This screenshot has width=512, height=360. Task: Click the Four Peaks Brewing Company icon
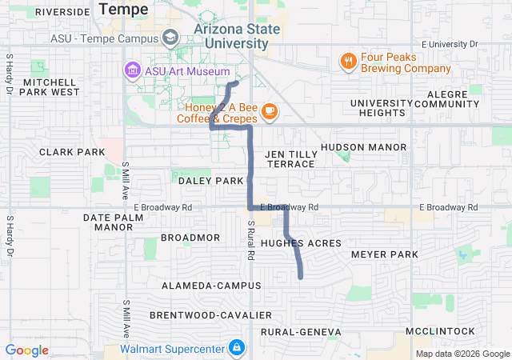pyautogui.click(x=348, y=61)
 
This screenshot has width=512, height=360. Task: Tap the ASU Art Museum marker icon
pyautogui.click(x=132, y=70)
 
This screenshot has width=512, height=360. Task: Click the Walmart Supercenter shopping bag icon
pyautogui.click(x=236, y=348)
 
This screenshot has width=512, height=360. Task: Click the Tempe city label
pyautogui.click(x=124, y=10)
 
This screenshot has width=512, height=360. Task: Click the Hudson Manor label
pyautogui.click(x=364, y=147)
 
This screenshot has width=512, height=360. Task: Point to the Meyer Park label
pyautogui.click(x=385, y=254)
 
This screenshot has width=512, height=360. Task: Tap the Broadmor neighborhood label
pyautogui.click(x=190, y=238)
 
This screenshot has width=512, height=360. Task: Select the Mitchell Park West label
pyautogui.click(x=51, y=86)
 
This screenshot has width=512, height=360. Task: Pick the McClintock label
pyautogui.click(x=440, y=331)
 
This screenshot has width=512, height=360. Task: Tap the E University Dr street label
pyautogui.click(x=449, y=43)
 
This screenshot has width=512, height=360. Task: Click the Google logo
pyautogui.click(x=27, y=350)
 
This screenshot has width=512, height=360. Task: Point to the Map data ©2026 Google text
pyautogui.click(x=462, y=354)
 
